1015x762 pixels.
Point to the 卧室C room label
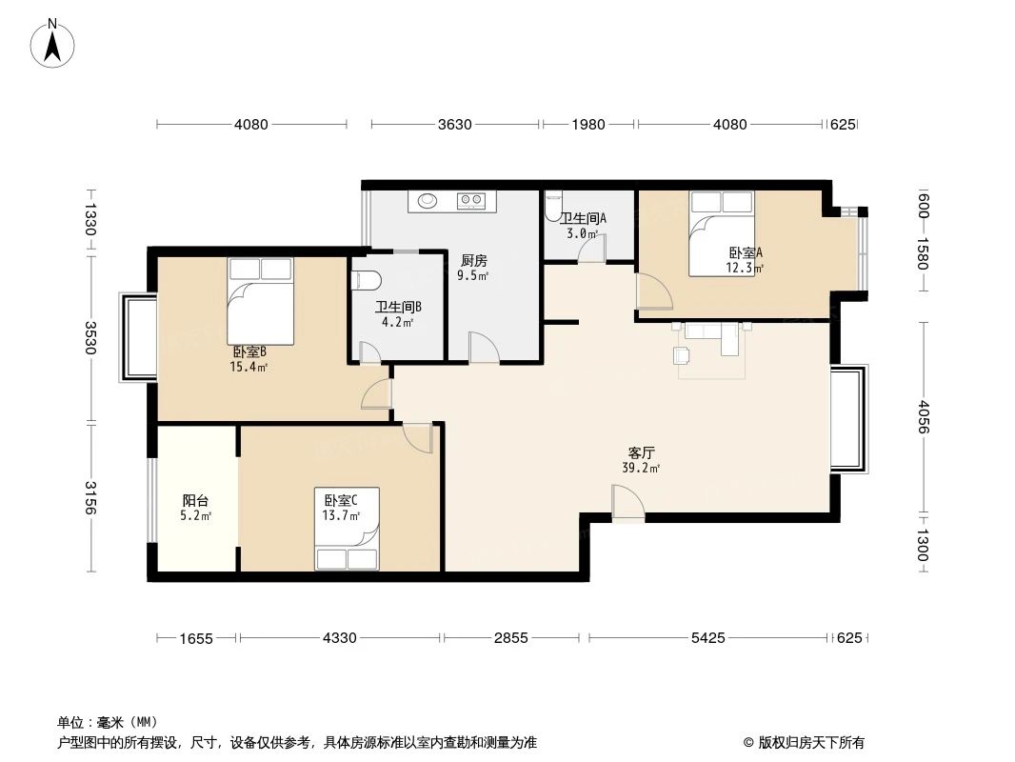click(x=341, y=500)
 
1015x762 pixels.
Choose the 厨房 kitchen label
click(x=473, y=260)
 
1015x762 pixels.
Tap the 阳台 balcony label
click(x=195, y=500)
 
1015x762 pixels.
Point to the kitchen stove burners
click(x=471, y=201)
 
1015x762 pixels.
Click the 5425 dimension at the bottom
click(x=707, y=637)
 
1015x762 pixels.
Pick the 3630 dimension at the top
click(x=456, y=124)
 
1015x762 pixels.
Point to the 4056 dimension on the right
click(x=923, y=415)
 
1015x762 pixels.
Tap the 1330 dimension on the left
click(x=90, y=220)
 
